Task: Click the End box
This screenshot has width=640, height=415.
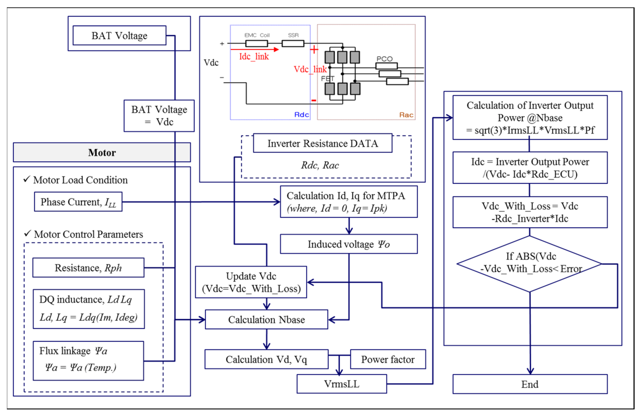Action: pyautogui.click(x=530, y=384)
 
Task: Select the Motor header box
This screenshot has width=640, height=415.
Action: pyautogui.click(x=102, y=152)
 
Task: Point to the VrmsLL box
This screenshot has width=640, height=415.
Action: pyautogui.click(x=342, y=384)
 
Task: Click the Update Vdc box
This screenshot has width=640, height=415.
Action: pyautogui.click(x=251, y=282)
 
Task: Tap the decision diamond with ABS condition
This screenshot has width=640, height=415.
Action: pyautogui.click(x=529, y=264)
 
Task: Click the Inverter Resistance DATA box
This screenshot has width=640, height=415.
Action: pyautogui.click(x=322, y=143)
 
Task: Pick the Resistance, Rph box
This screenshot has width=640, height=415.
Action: pyautogui.click(x=88, y=268)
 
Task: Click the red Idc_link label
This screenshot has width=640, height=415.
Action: pyautogui.click(x=254, y=56)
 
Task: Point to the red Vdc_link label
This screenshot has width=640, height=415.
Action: pyautogui.click(x=310, y=69)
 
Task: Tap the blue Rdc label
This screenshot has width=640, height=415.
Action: pyautogui.click(x=301, y=115)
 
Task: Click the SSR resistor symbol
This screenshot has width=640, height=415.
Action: pyautogui.click(x=293, y=43)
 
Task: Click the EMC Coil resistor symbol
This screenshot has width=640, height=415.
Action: pyautogui.click(x=256, y=43)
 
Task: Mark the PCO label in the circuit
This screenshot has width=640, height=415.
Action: pyautogui.click(x=384, y=59)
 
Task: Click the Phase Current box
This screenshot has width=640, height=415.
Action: pyautogui.click(x=78, y=202)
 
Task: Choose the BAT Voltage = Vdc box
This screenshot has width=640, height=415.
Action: pyautogui.click(x=159, y=116)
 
